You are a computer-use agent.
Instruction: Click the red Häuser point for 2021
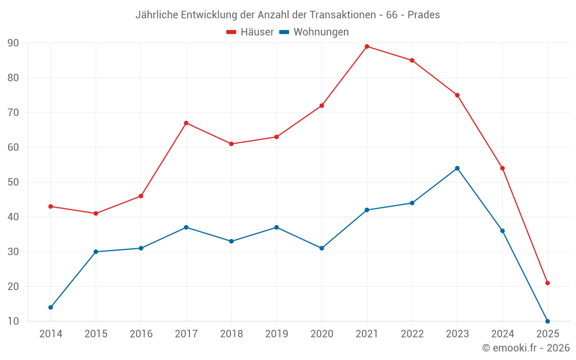pos(367,47)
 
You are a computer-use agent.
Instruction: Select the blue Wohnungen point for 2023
pos(457,168)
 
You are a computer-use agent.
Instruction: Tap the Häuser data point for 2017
pos(186,123)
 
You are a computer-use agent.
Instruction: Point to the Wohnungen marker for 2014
pos(51,308)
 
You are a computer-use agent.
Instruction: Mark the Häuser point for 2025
pos(548,283)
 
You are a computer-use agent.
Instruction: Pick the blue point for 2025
pos(548,321)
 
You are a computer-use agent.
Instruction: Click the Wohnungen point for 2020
pos(322,248)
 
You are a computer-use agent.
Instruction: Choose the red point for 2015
pos(96,214)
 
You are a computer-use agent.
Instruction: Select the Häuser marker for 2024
pos(502,168)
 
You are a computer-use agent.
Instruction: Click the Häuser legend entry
pos(250,32)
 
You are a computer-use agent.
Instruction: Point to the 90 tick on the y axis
pos(13,43)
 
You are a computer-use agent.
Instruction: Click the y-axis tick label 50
pos(13,183)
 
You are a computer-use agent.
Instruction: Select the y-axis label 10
pos(13,321)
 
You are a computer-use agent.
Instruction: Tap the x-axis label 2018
pos(232,334)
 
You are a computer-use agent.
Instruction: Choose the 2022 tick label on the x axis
pos(412,334)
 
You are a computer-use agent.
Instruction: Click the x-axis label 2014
pos(51,334)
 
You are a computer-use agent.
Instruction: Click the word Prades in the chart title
pos(423,15)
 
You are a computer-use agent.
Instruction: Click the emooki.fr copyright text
pos(525,348)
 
